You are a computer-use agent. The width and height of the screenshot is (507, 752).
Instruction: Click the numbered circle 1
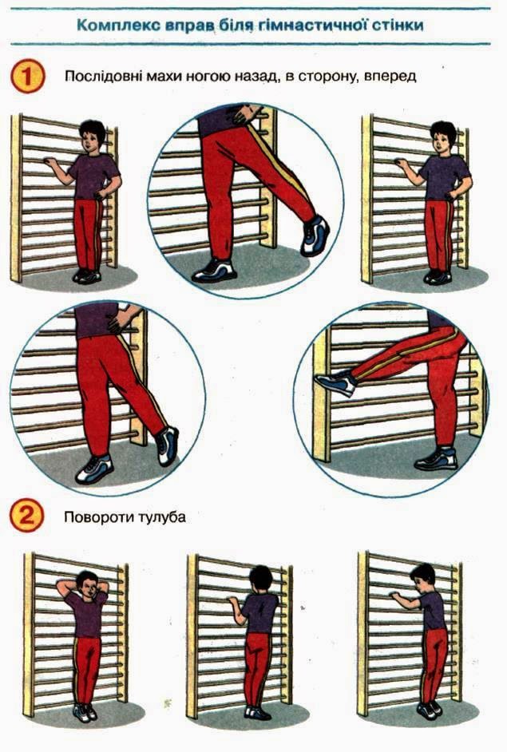point(27,77)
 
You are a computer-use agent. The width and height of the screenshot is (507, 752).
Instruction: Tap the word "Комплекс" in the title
point(117,25)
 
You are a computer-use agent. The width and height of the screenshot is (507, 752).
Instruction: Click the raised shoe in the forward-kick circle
point(335,382)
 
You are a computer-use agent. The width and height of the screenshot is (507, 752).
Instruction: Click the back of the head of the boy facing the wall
point(260,580)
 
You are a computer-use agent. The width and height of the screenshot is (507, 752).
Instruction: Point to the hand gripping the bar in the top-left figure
point(50,163)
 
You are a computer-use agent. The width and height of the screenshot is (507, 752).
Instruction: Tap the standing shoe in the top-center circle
point(215,270)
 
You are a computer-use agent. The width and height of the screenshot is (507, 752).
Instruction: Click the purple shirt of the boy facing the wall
point(259,612)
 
